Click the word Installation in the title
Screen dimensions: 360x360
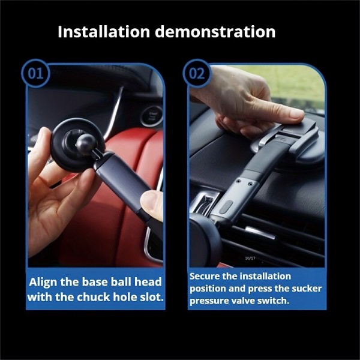[x=104, y=32]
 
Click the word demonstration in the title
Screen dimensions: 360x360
[x=215, y=32]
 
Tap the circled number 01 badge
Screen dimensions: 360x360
[x=35, y=73]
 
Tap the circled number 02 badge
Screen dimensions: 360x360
[x=197, y=73]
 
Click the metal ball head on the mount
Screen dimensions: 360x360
[x=86, y=144]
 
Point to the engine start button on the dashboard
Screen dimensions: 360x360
[x=151, y=116]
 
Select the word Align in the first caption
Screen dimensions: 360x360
[x=43, y=283]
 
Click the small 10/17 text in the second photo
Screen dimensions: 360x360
[x=250, y=258]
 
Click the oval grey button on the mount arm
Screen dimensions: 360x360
[x=226, y=206]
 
